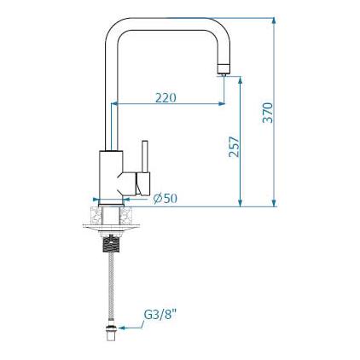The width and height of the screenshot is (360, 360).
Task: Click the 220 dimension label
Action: tap(165, 98)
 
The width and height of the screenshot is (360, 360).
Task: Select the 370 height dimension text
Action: tap(268, 113)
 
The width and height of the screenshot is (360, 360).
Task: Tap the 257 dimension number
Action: tap(235, 147)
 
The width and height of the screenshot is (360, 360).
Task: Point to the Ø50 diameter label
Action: tap(165, 198)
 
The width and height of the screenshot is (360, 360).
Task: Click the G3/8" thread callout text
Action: tap(160, 315)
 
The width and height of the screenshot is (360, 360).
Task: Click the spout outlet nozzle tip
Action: tap(223, 69)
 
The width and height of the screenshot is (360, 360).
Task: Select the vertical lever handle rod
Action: tap(145, 156)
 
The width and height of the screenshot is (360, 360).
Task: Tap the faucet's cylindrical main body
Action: tap(111, 177)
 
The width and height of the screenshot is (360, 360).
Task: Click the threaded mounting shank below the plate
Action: tap(111, 245)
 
